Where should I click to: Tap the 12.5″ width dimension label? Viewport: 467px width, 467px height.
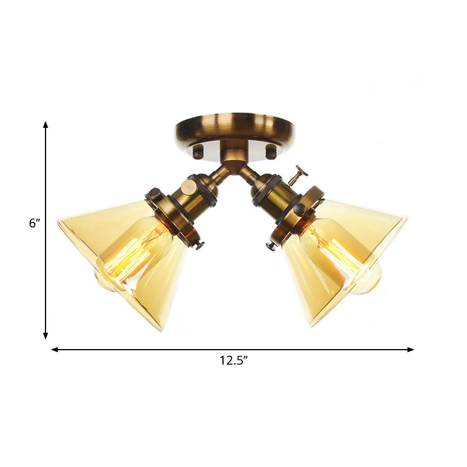tap(233, 361)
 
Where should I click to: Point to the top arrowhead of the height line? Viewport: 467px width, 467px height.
tap(46, 125)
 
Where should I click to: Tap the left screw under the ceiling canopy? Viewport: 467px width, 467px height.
tap(198, 153)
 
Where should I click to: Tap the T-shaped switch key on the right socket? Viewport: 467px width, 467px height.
tap(301, 173)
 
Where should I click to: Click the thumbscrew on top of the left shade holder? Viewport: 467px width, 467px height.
tap(154, 194)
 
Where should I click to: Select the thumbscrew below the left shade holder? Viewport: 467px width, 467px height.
tap(200, 245)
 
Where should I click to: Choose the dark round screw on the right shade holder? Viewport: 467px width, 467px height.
tap(300, 208)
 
